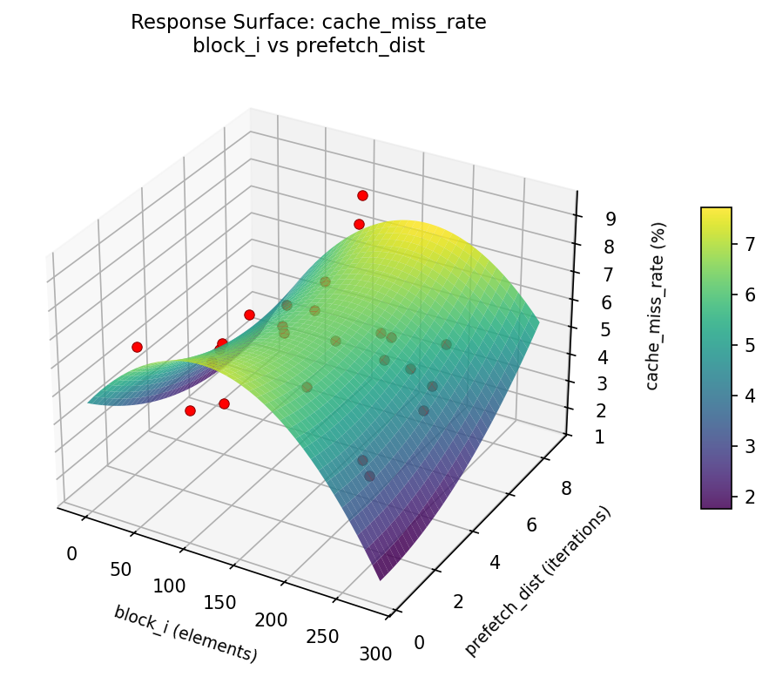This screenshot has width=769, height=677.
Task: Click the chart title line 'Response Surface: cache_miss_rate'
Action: pyautogui.click(x=308, y=23)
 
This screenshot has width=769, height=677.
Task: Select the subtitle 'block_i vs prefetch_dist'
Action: pyautogui.click(x=308, y=46)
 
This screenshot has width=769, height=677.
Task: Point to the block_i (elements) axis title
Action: pyautogui.click(x=186, y=633)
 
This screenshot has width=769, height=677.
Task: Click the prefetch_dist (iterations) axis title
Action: pyautogui.click(x=537, y=581)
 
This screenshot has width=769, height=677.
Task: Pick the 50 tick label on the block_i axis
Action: pyautogui.click(x=120, y=570)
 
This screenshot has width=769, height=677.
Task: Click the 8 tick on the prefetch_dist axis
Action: pyautogui.click(x=566, y=489)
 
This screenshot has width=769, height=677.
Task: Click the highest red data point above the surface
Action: pyautogui.click(x=362, y=195)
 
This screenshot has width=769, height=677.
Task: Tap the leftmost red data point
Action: pyautogui.click(x=137, y=347)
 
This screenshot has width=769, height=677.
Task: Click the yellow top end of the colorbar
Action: pyautogui.click(x=716, y=212)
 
